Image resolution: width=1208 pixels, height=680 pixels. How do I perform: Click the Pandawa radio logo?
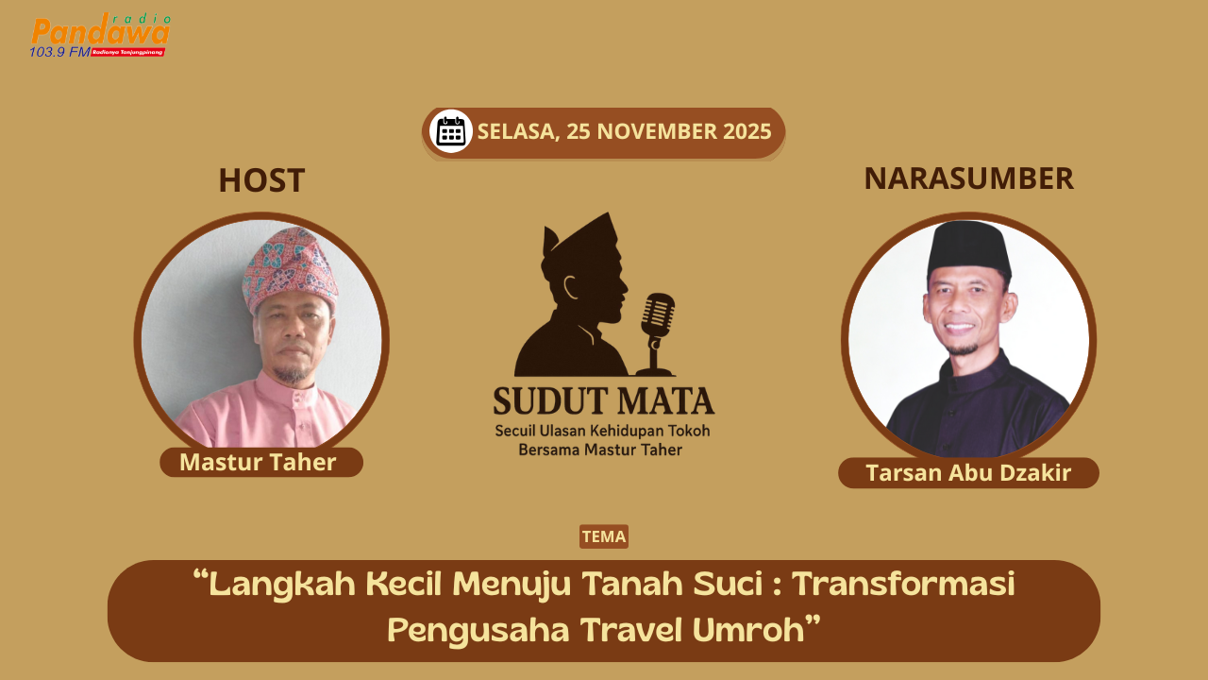coord(100,35)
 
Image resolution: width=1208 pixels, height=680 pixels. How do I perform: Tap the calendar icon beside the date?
coord(451,131)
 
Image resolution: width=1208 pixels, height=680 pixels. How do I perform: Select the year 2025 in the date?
coord(747,131)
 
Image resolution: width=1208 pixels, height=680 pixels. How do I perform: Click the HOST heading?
coord(261,180)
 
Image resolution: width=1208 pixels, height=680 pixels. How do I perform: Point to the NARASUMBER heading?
coord(968,178)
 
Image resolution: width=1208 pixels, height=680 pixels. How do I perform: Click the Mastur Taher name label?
coord(259,462)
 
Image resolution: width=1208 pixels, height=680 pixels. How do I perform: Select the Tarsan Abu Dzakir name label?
coord(968,473)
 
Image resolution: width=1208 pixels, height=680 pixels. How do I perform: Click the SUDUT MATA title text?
coord(604,400)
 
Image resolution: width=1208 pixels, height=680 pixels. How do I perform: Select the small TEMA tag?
coord(604,536)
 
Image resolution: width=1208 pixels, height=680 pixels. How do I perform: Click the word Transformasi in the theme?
coord(903,585)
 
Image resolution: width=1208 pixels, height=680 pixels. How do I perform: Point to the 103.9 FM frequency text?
coord(59,52)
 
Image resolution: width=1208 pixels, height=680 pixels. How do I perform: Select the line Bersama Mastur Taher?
coord(600,450)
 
